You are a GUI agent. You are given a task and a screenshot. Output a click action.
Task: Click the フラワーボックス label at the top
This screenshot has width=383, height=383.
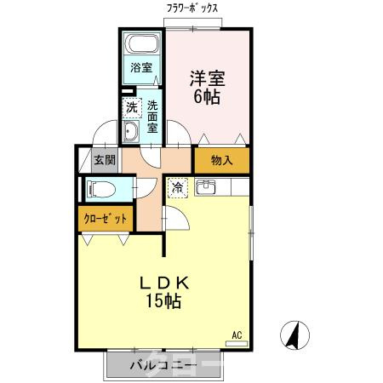(x=193, y=9)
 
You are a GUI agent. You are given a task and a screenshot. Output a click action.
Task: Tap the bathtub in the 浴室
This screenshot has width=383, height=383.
(x=142, y=45)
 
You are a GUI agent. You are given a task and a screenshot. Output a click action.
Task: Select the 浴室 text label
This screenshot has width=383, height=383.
(x=141, y=67)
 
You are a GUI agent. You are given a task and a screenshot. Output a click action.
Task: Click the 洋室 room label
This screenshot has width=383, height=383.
(x=207, y=77)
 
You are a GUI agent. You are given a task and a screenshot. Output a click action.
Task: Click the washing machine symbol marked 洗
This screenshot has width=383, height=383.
(x=131, y=107)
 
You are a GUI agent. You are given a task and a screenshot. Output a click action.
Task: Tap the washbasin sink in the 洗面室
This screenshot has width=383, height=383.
(x=132, y=131)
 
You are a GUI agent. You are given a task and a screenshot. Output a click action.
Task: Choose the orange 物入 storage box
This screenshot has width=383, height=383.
(x=221, y=160)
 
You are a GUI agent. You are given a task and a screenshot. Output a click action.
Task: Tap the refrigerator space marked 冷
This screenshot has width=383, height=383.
(x=178, y=187)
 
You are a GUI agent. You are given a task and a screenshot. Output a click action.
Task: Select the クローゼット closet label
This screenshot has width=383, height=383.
(x=106, y=218)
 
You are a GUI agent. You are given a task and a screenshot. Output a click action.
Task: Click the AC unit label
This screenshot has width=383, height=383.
(x=239, y=336)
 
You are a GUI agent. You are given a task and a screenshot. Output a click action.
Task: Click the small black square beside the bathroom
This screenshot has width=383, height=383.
(x=128, y=90)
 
